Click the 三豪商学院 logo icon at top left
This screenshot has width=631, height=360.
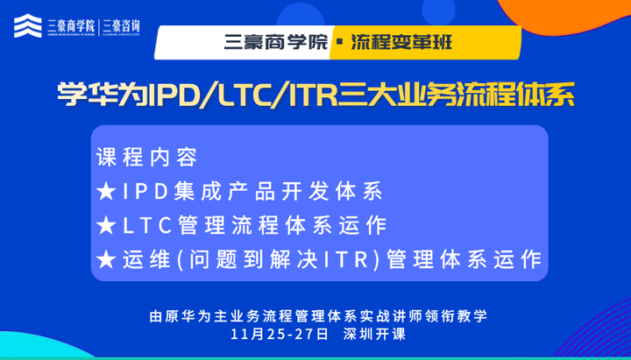(x=26, y=25)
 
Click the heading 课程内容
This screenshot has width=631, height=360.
(x=147, y=158)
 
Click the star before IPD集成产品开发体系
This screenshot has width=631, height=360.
(x=107, y=192)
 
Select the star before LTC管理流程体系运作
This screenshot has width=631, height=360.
(x=107, y=225)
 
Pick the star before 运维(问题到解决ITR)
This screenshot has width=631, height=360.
(x=107, y=259)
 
